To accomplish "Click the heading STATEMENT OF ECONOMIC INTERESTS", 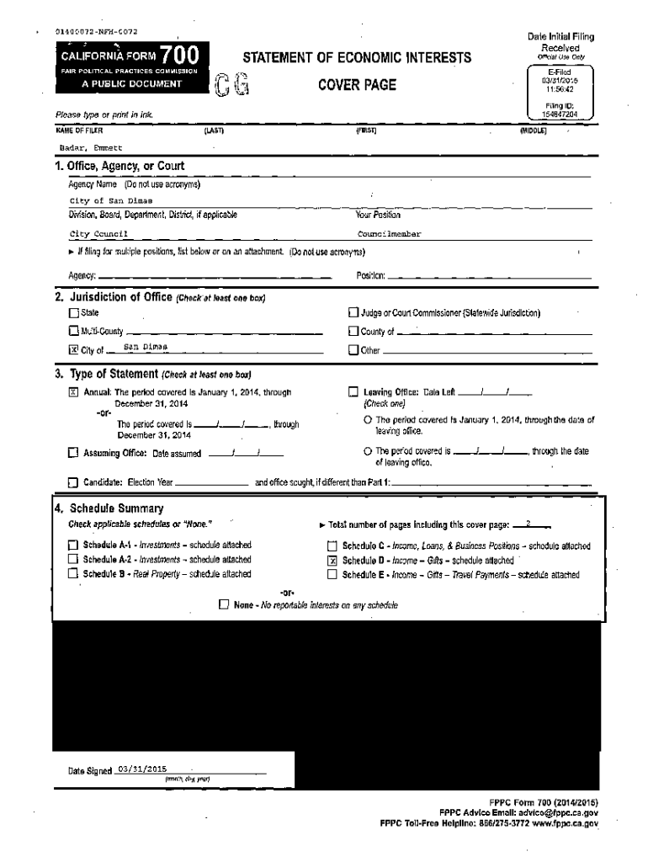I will pyautogui.click(x=357, y=58).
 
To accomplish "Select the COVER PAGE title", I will pyautogui.click(x=357, y=85).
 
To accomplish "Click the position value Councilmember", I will pyautogui.click(x=390, y=234).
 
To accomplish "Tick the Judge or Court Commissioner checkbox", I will pyautogui.click(x=353, y=313).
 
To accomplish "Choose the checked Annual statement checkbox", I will pyautogui.click(x=73, y=392).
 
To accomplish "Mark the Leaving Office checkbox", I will pyautogui.click(x=353, y=392).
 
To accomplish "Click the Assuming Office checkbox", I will pyautogui.click(x=73, y=454).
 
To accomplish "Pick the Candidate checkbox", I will pyautogui.click(x=73, y=483).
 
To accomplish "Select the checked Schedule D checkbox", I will pyautogui.click(x=332, y=560).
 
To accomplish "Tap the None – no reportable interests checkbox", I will pyautogui.click(x=223, y=604).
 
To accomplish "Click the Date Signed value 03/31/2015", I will pyautogui.click(x=144, y=769).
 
